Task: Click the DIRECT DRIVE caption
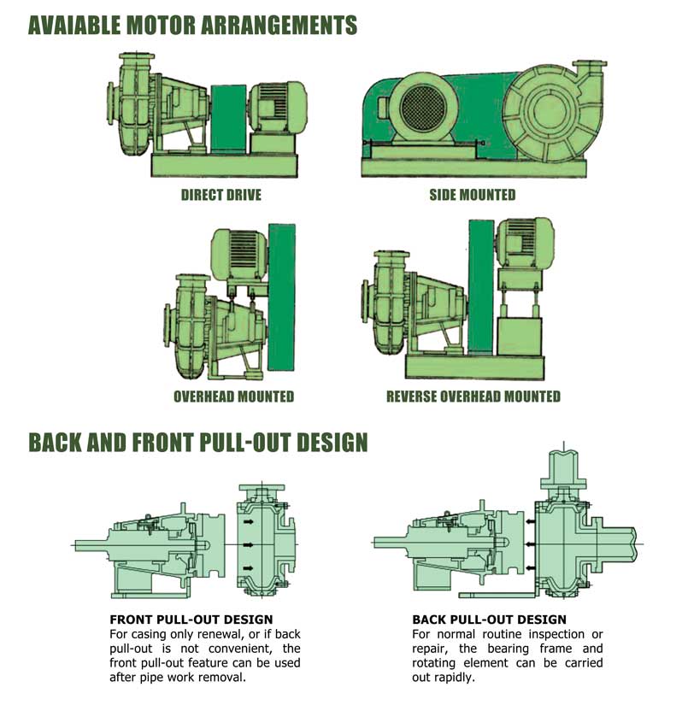pyautogui.click(x=221, y=195)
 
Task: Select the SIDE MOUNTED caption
pyautogui.click(x=472, y=195)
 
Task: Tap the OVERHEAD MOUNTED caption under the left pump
pyautogui.click(x=233, y=397)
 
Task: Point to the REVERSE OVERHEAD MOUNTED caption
pyautogui.click(x=473, y=397)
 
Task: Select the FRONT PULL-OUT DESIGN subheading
pyautogui.click(x=191, y=619)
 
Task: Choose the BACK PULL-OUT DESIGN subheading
pyautogui.click(x=489, y=619)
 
